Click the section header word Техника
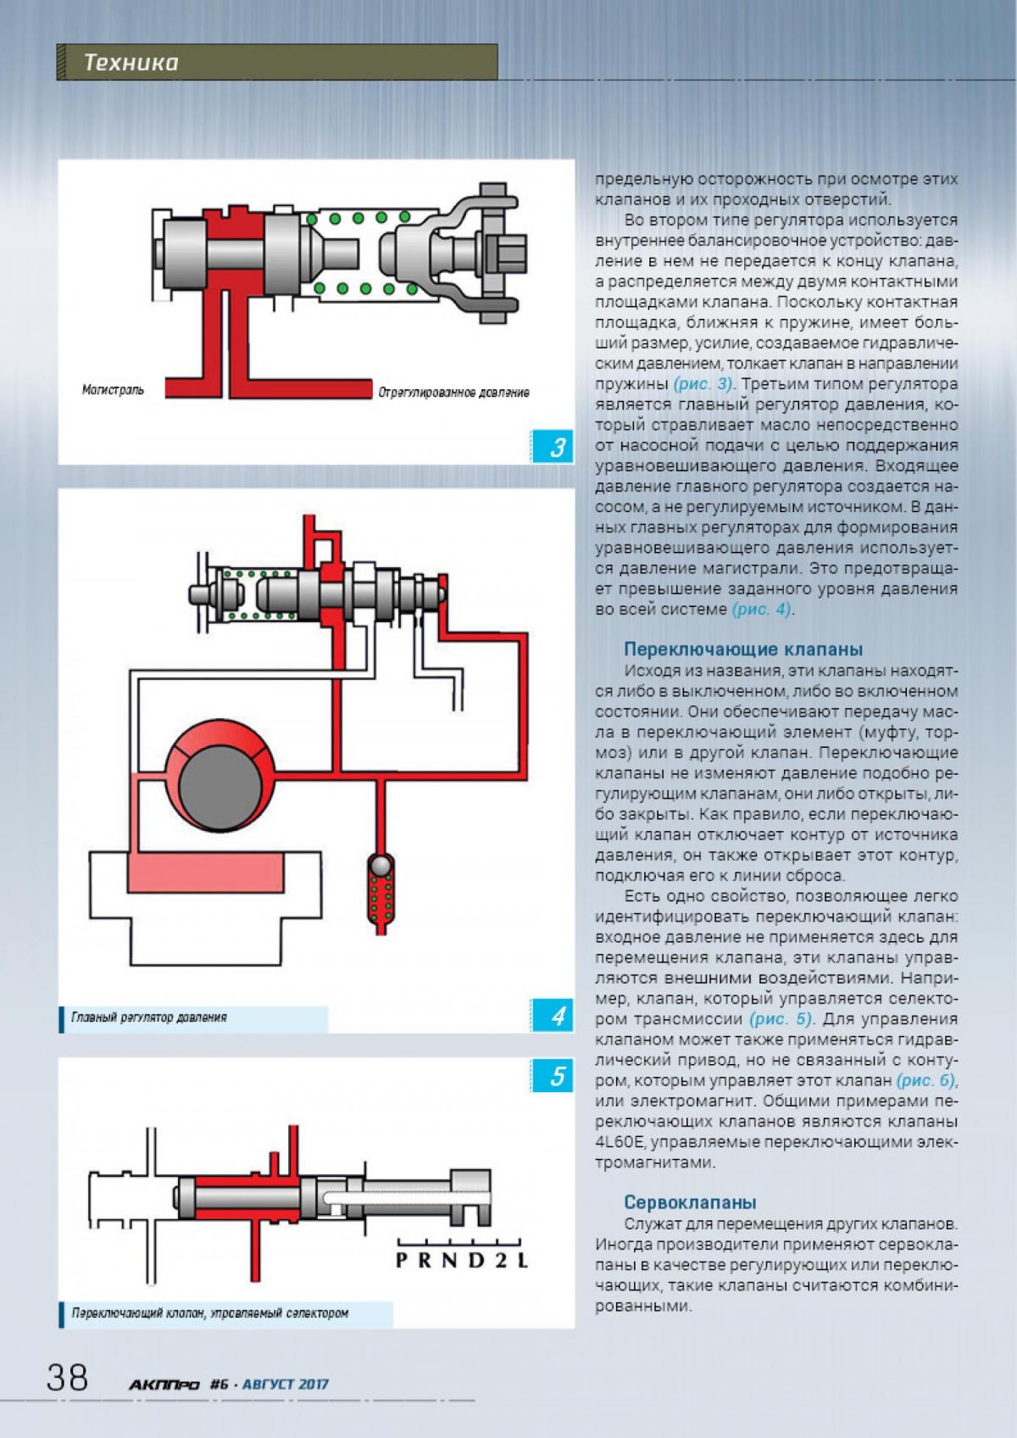[131, 63]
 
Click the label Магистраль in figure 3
[113, 390]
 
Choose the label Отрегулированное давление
[454, 393]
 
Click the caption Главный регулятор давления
[149, 1017]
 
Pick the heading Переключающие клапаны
[743, 649]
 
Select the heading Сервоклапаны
[690, 1202]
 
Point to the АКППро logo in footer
[164, 1385]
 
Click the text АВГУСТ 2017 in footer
[286, 1385]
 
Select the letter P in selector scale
[403, 1260]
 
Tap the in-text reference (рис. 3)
[704, 383]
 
